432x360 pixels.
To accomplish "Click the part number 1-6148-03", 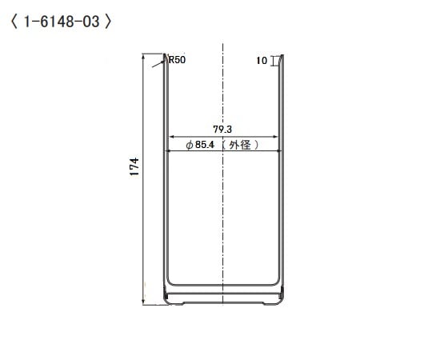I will click(62, 22).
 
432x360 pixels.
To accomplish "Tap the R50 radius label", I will click(177, 59).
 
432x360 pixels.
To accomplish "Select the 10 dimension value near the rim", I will click(262, 60).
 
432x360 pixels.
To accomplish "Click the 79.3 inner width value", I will click(222, 128).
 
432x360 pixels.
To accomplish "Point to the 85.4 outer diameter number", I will click(206, 146).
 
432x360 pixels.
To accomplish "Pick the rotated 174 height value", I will click(135, 166).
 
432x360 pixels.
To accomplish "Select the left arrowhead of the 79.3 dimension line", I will click(170, 135).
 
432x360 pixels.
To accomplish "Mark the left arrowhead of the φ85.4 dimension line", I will click(168, 151).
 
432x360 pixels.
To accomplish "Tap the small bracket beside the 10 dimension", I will click(274, 61).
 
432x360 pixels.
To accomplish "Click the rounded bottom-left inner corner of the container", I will click(170, 283).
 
